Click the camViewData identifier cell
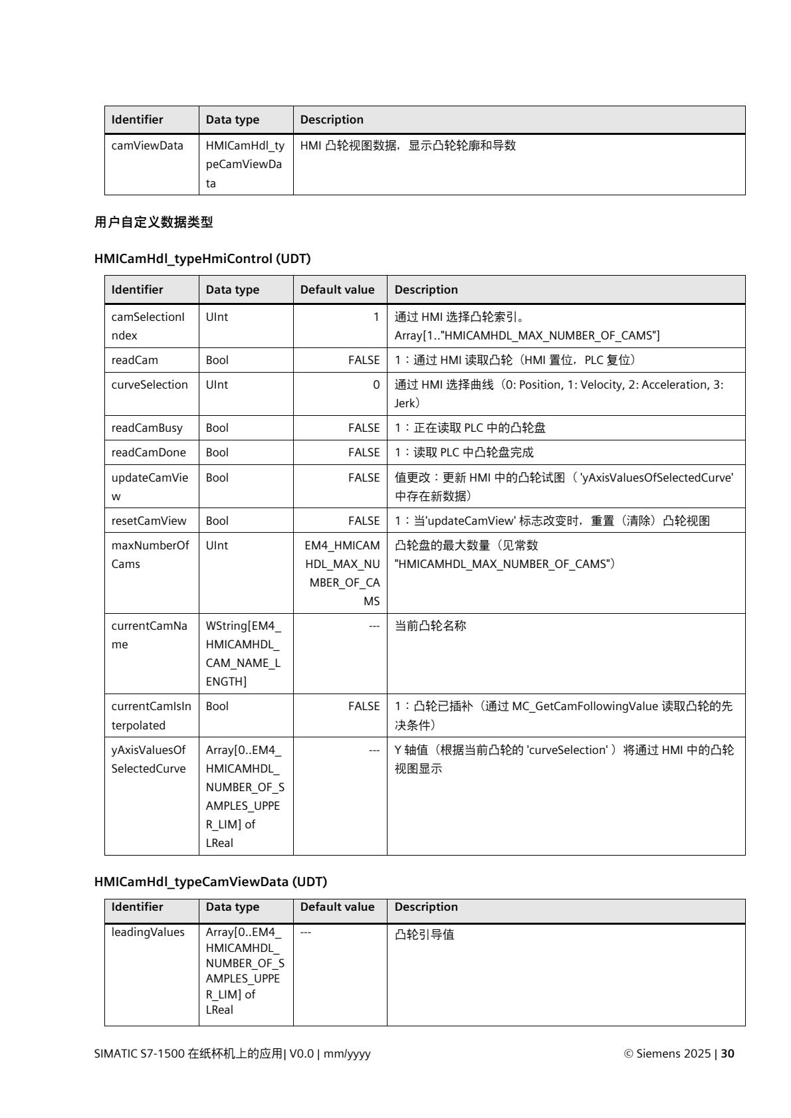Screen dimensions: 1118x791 point(148,145)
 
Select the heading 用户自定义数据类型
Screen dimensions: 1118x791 point(154,223)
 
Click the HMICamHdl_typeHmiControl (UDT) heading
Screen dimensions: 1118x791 point(203,259)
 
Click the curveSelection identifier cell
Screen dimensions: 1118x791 point(150,385)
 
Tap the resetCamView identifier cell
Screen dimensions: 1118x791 point(149,521)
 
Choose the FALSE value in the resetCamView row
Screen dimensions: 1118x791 point(364,521)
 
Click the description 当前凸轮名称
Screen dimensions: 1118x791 point(431,626)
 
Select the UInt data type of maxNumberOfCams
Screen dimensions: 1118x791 point(217,545)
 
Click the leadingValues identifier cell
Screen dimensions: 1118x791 point(148,932)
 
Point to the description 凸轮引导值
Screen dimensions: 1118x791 point(425,935)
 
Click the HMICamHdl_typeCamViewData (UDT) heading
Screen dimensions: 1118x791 point(211,882)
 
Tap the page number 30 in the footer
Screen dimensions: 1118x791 point(728,1054)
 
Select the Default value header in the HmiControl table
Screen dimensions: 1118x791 point(337,290)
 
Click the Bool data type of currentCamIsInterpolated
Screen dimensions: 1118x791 point(217,706)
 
